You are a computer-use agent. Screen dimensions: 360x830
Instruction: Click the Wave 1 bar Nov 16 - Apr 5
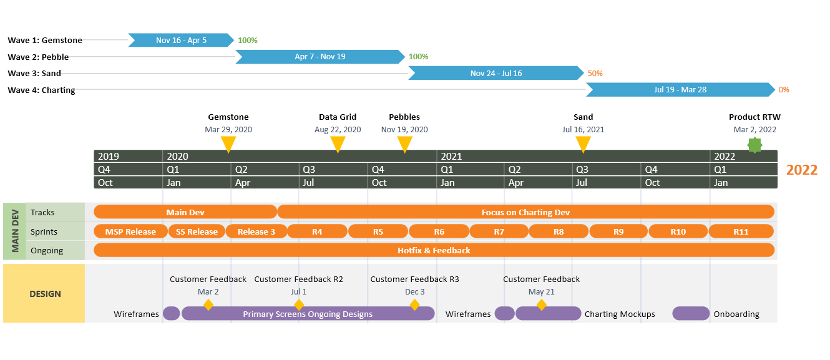(181, 41)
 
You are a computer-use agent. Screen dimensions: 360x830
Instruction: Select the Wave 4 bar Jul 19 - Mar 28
(680, 90)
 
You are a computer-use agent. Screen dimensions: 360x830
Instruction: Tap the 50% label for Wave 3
(595, 74)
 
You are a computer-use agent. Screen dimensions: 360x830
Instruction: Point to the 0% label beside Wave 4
(784, 90)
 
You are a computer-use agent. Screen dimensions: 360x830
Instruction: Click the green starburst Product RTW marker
(755, 145)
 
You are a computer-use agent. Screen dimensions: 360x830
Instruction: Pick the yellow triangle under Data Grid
(338, 144)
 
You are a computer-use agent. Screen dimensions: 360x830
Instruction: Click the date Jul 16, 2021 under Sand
(583, 130)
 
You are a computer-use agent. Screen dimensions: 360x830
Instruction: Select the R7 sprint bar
(499, 231)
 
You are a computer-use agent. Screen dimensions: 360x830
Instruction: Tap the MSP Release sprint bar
(130, 231)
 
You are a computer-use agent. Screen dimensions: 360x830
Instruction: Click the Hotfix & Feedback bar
(434, 250)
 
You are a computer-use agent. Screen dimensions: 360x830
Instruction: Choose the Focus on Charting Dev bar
(525, 212)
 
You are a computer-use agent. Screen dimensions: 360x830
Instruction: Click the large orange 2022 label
(801, 170)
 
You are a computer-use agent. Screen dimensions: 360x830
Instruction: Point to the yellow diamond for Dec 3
(414, 305)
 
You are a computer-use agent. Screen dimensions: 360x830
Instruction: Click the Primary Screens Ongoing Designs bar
(308, 314)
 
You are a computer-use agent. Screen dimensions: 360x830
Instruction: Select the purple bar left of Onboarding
(691, 314)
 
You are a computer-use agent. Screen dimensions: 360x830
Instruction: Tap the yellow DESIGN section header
(44, 294)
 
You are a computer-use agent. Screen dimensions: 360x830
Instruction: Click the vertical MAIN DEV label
(14, 231)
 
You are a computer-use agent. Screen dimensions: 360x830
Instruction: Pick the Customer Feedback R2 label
(298, 280)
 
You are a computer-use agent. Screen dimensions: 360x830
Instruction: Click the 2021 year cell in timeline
(451, 157)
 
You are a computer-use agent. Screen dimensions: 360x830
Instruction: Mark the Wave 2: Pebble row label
(38, 57)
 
